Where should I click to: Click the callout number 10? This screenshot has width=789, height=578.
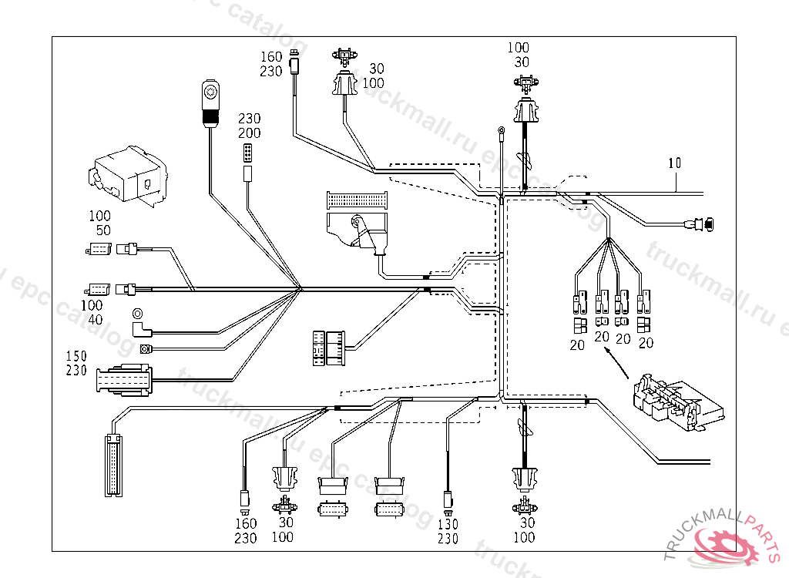(675, 163)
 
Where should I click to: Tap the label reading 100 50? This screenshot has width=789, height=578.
(99, 223)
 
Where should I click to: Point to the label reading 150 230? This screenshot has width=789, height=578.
(76, 363)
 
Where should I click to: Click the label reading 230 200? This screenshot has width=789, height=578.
(249, 126)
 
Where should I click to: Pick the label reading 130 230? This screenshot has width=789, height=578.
(448, 532)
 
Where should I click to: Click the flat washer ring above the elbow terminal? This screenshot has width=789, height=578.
(138, 313)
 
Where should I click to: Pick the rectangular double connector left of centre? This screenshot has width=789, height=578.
(329, 346)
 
